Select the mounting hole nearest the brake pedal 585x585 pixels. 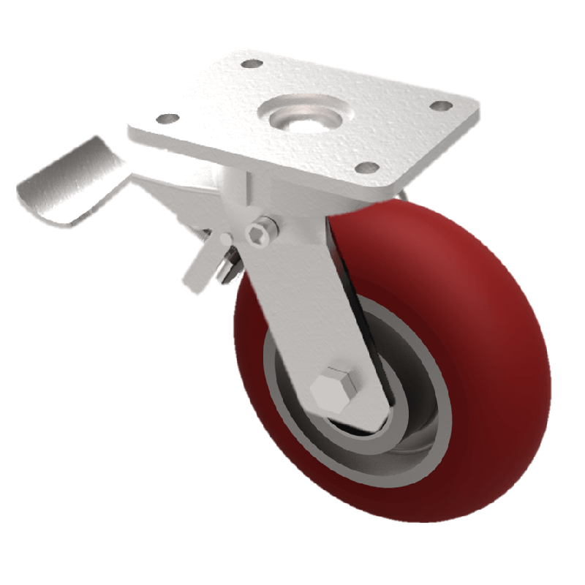[167, 118]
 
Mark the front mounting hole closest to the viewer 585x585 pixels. [370, 167]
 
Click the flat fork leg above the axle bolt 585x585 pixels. [300, 292]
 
